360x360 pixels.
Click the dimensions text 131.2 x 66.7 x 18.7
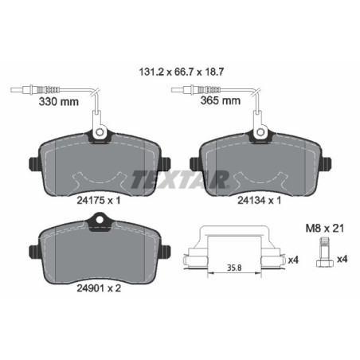(181, 70)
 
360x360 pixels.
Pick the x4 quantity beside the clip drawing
(292, 260)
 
